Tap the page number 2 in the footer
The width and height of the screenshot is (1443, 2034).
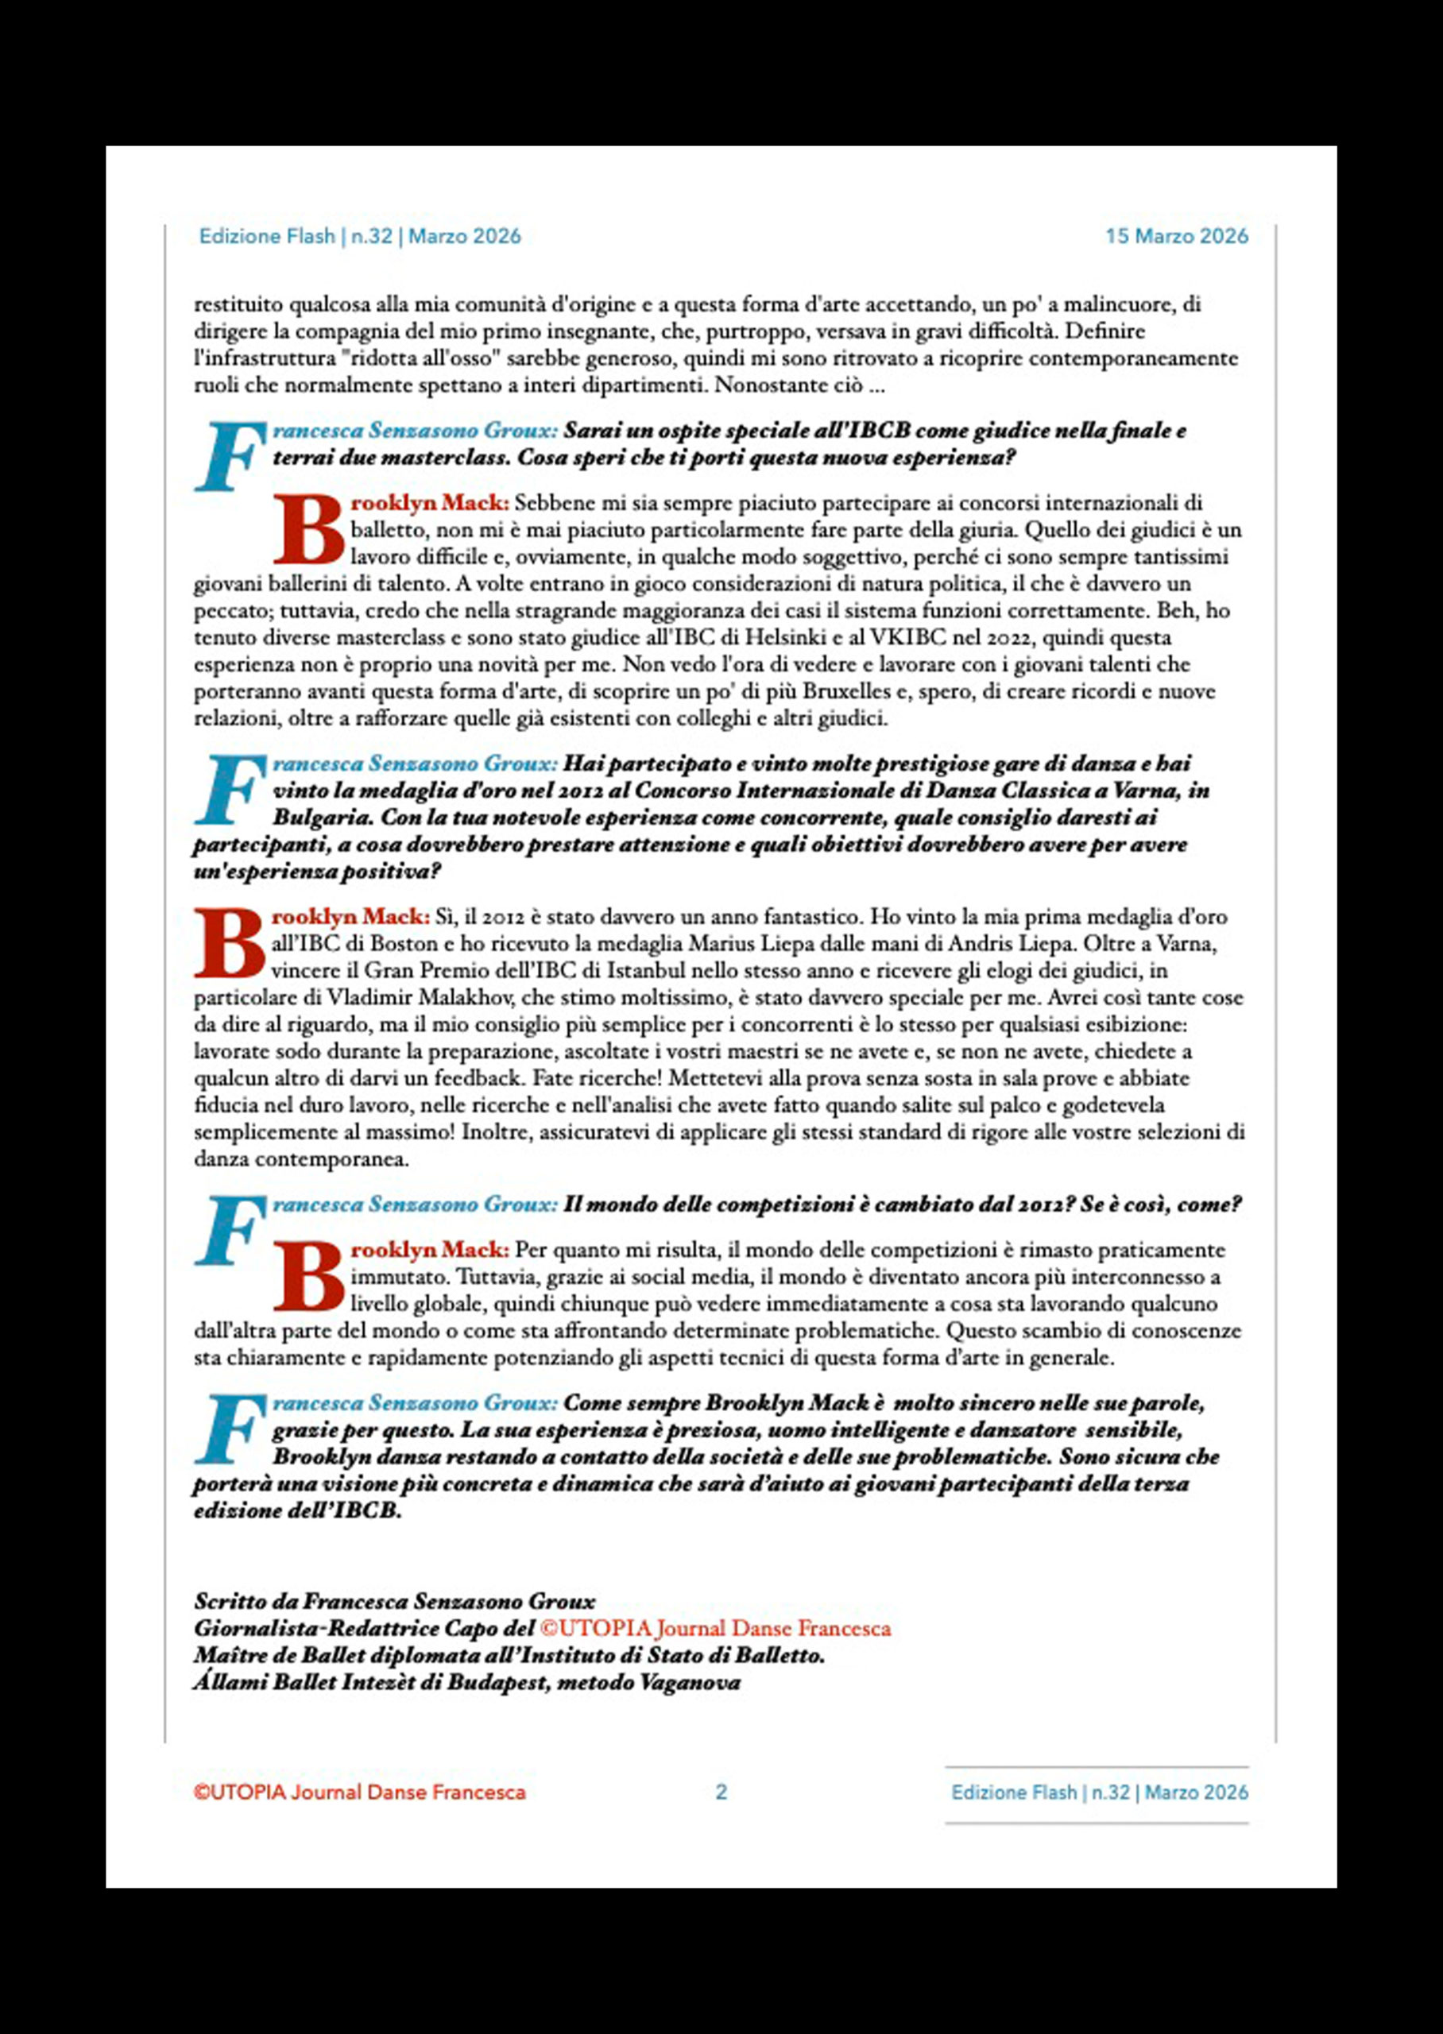pos(721,1792)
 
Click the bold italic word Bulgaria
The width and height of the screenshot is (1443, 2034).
pos(318,817)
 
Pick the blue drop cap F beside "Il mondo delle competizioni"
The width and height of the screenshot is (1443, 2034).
pos(227,1229)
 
